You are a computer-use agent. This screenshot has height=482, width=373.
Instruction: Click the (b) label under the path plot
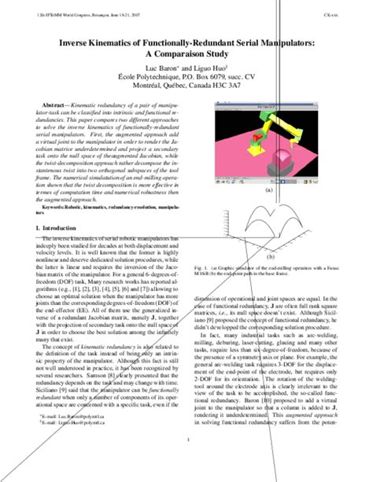pos(270,256)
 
